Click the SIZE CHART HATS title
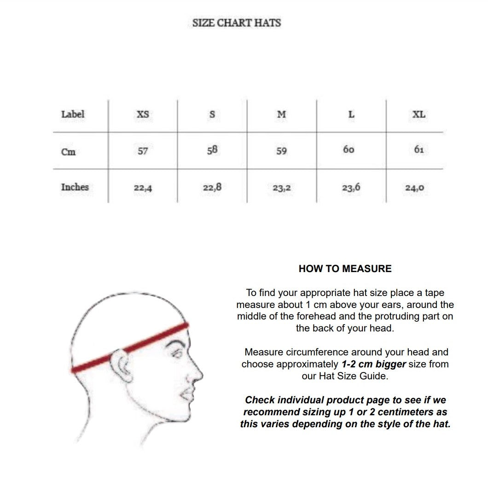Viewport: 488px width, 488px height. pos(237,23)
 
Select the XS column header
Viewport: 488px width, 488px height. pos(143,114)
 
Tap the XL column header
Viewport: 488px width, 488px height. pos(419,114)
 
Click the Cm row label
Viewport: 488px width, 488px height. pos(68,151)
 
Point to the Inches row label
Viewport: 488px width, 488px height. pos(75,187)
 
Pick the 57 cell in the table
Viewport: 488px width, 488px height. pos(143,151)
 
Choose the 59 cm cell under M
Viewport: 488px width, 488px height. pos(281,151)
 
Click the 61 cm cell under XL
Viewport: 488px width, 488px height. pos(419,150)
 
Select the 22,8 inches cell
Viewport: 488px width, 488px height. pos(212,187)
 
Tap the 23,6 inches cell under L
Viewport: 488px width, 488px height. pos(351,187)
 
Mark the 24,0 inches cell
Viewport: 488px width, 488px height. pos(414,188)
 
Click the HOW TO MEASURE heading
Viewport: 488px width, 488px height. pos(345,269)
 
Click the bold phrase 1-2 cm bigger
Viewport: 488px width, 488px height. pos(373,364)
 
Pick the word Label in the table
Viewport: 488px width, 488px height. pos(73,114)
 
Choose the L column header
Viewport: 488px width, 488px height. pos(351,114)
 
